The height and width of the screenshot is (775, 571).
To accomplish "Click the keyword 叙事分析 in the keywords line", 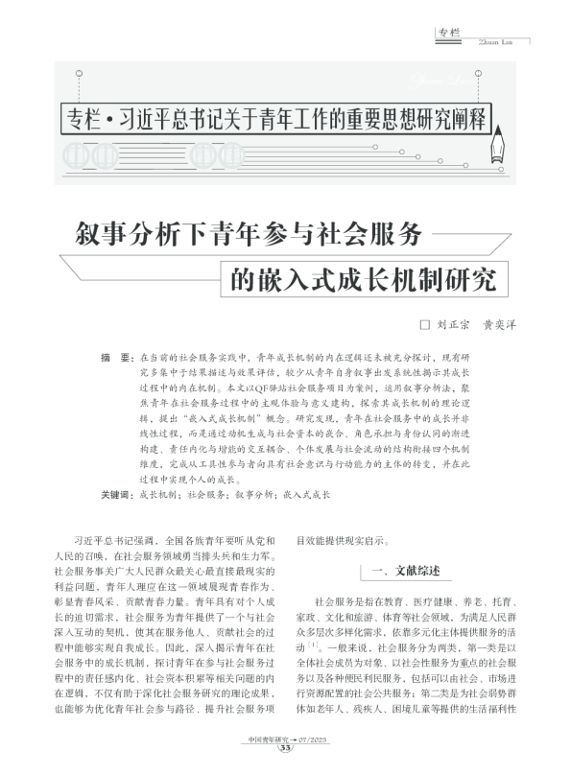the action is [251, 495].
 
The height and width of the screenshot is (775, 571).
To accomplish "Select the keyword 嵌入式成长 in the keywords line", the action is [306, 495].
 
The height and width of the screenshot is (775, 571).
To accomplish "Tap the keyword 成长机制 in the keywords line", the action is [156, 495].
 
